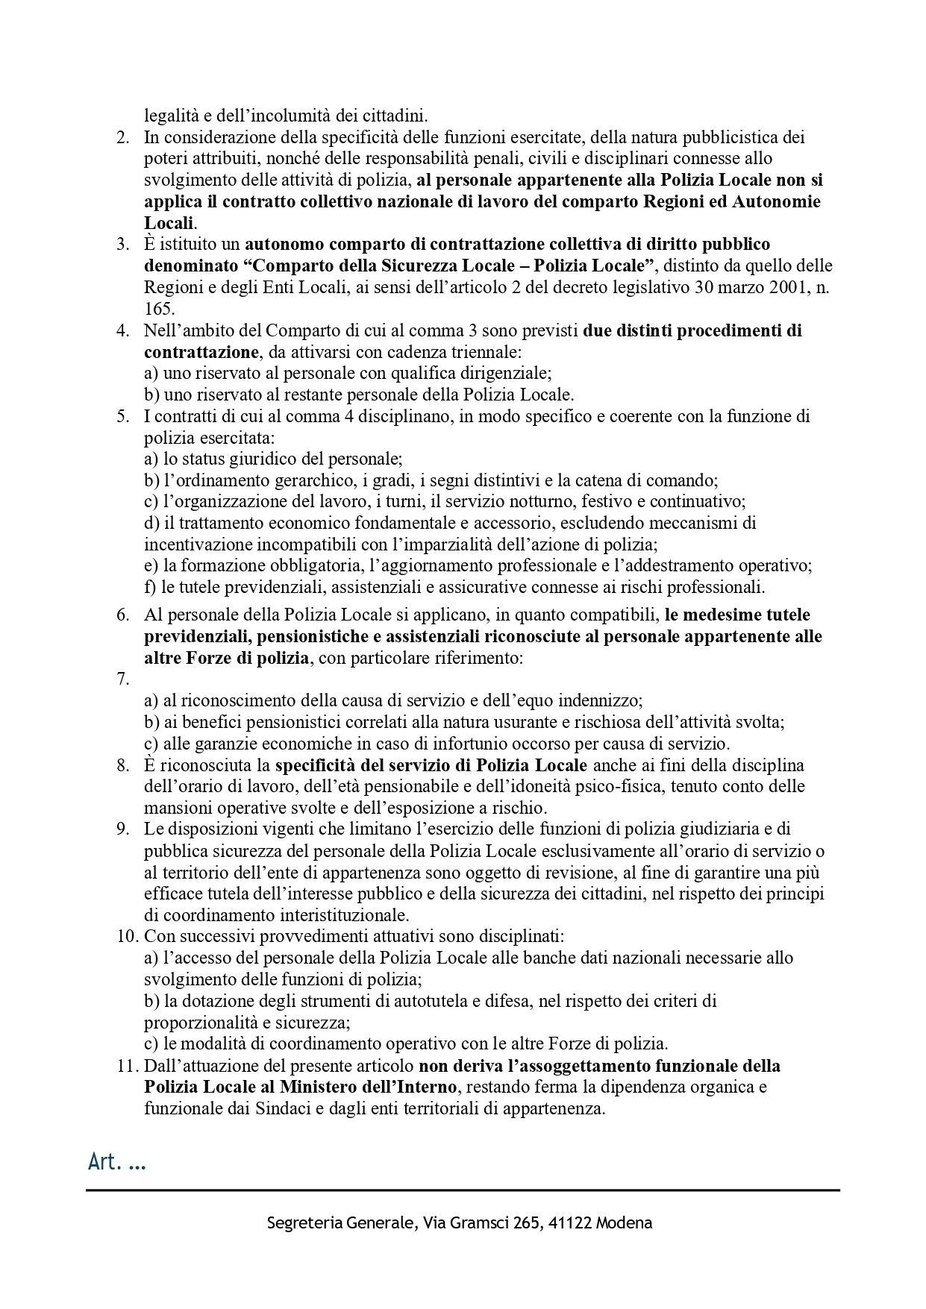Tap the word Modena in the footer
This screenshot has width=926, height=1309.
pyautogui.click(x=625, y=1223)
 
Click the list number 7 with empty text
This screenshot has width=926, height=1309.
pyautogui.click(x=123, y=679)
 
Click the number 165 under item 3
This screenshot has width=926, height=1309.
pyautogui.click(x=158, y=308)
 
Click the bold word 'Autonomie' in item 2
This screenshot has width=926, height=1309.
pyautogui.click(x=777, y=201)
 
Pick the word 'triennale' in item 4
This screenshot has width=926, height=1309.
pyautogui.click(x=489, y=351)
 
